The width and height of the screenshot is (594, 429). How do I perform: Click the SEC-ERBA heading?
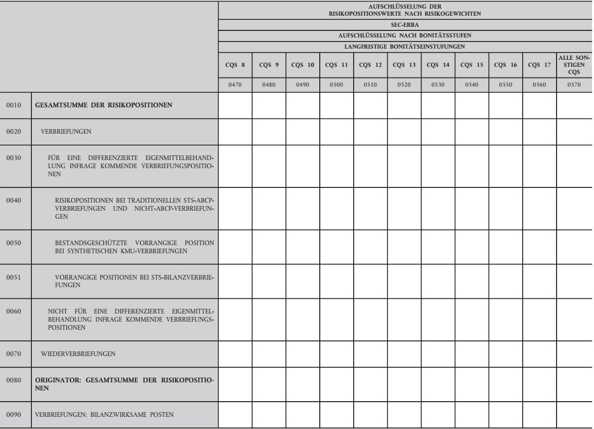click(x=405, y=24)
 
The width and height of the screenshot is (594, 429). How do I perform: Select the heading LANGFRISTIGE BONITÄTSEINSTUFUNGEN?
click(x=405, y=46)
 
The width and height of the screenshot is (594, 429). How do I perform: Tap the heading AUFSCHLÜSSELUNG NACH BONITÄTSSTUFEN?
click(x=405, y=35)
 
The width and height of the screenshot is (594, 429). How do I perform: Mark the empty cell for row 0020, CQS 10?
click(x=303, y=131)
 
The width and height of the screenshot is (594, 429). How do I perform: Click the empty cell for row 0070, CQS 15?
click(x=472, y=354)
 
